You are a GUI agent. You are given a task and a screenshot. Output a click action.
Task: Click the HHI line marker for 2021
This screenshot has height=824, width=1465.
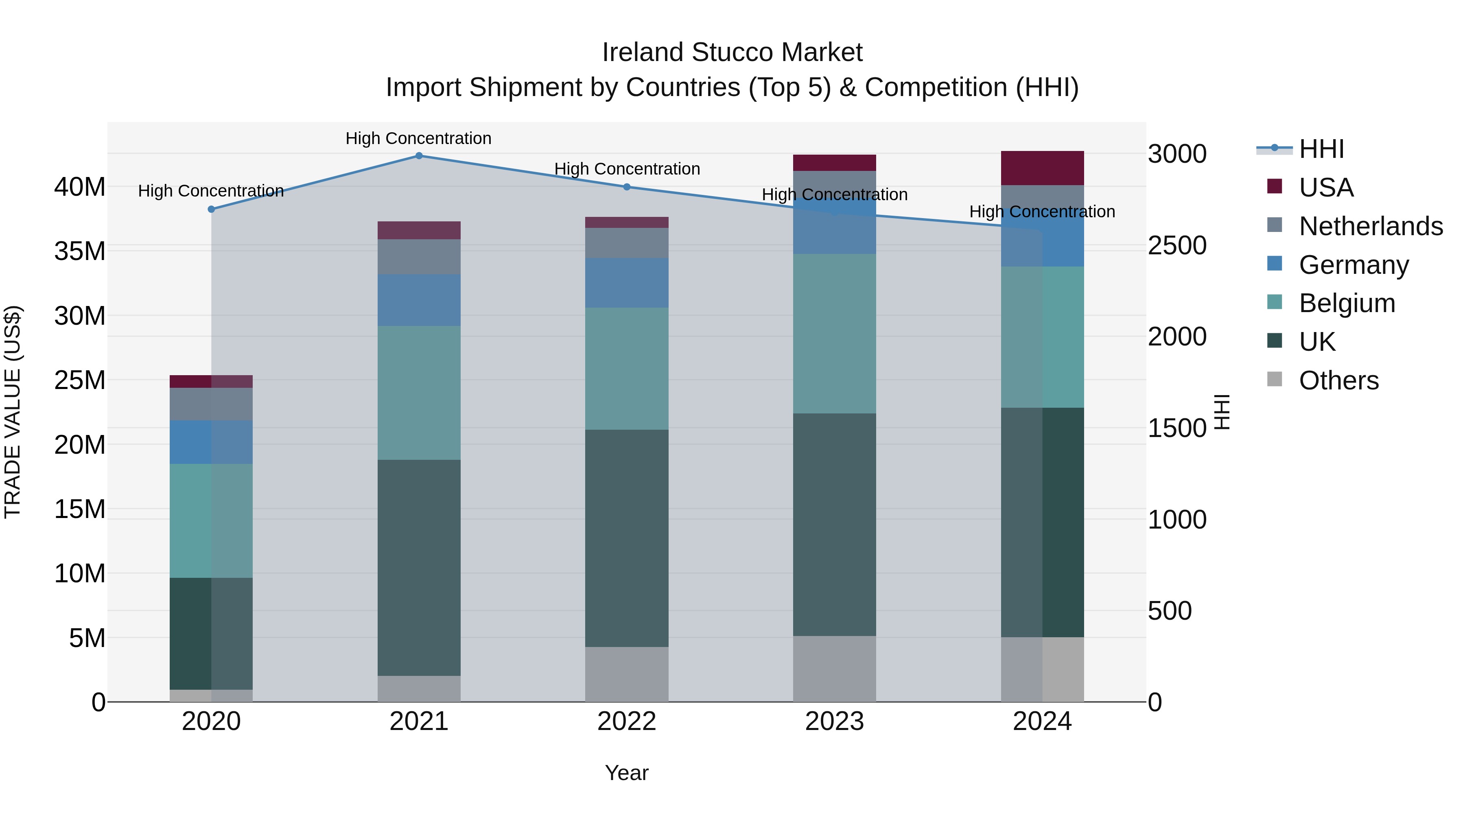tap(419, 155)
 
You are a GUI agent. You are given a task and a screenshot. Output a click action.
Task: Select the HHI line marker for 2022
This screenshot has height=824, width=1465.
tap(626, 186)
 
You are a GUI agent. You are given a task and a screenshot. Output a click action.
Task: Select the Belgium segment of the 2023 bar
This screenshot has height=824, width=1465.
tap(834, 333)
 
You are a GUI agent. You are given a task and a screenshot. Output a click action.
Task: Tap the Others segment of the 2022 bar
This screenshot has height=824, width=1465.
tap(626, 674)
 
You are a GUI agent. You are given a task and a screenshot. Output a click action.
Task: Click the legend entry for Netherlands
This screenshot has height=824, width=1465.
tap(1371, 226)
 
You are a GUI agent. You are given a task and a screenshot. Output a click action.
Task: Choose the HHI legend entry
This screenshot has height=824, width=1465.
tap(1321, 149)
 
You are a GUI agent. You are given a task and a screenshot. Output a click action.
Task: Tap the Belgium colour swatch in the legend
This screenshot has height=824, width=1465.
tap(1275, 302)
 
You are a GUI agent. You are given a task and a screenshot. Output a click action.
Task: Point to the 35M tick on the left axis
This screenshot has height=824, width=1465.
tap(80, 251)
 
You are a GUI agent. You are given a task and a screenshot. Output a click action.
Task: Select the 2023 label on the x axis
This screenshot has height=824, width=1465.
tap(834, 721)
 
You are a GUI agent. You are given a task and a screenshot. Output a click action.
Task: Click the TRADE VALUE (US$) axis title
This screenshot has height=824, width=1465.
tap(13, 412)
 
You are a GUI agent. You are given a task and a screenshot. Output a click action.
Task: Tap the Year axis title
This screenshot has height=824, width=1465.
tap(626, 772)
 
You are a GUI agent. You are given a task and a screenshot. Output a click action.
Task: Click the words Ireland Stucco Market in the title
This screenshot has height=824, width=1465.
tap(732, 52)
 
